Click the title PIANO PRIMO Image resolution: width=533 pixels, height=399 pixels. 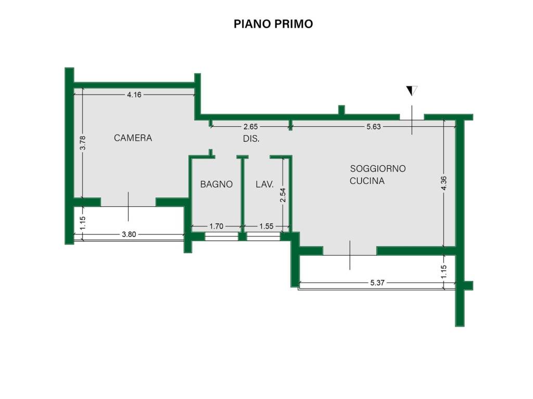tap(273, 24)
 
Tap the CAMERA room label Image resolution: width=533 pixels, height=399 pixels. tap(133, 138)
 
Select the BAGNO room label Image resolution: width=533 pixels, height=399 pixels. tap(216, 184)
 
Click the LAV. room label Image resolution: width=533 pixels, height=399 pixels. tap(264, 184)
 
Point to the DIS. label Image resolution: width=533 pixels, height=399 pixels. tap(251, 139)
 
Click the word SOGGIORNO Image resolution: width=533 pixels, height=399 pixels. tap(377, 169)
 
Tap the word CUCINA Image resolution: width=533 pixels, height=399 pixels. tap(367, 181)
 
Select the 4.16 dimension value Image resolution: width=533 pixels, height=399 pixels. tap(134, 95)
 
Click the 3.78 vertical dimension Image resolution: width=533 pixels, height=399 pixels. tap(82, 143)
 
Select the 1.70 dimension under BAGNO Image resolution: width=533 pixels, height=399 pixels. tap(216, 226)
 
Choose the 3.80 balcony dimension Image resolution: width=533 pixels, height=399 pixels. tap(129, 234)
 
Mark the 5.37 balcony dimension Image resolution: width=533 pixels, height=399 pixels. tap(377, 283)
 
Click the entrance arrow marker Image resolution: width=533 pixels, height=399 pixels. tap(412, 91)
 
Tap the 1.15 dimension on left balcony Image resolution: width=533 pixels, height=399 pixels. tap(82, 222)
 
